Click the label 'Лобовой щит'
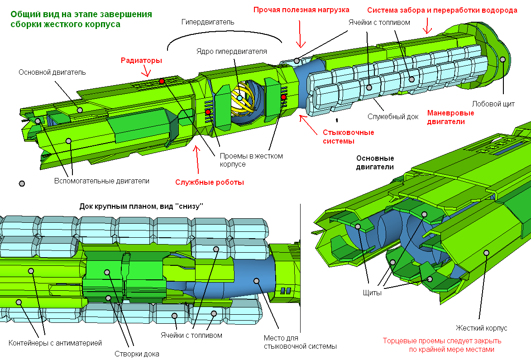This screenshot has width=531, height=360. [493, 103]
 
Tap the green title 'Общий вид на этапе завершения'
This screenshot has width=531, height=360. [81, 14]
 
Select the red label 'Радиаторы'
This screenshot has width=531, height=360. [141, 60]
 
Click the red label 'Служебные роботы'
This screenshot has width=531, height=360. [210, 182]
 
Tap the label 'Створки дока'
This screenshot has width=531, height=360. [137, 354]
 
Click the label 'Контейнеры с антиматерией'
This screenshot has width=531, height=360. [55, 343]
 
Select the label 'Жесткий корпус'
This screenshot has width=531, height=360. [481, 328]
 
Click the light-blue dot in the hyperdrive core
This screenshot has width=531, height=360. [239, 98]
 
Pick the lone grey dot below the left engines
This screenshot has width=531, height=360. [21, 183]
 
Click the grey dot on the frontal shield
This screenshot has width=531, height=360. [502, 59]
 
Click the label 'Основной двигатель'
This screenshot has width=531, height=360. [52, 72]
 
